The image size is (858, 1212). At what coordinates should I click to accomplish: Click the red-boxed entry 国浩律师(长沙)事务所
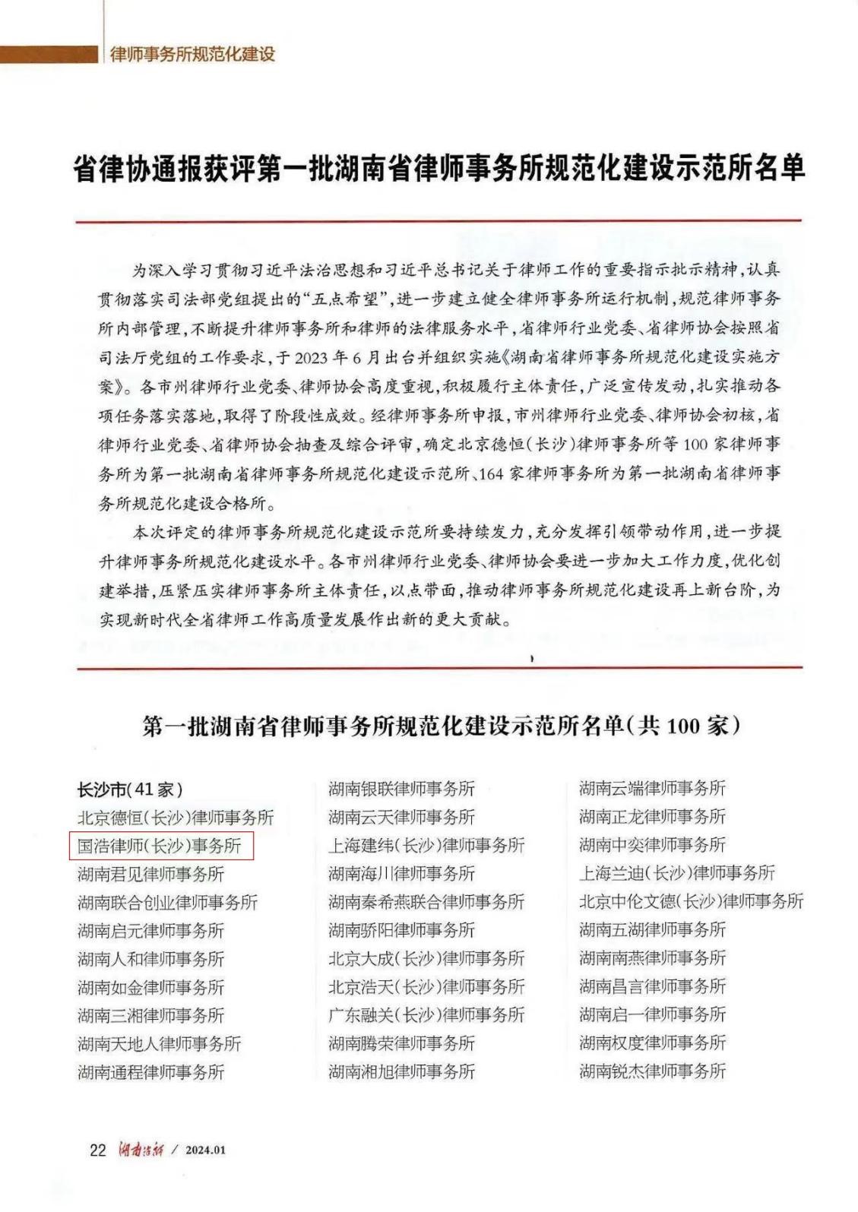160,845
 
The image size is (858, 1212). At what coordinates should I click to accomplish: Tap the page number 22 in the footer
98,1149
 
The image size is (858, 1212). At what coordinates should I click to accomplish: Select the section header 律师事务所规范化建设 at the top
192,55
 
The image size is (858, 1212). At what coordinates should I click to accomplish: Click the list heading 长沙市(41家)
130,789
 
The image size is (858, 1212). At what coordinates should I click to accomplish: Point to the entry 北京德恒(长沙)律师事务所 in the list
176,818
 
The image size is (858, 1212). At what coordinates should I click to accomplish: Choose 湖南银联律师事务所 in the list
401,789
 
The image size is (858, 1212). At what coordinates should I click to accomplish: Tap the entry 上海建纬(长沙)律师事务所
426,845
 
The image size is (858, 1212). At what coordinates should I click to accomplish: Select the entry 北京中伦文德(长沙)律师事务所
691,901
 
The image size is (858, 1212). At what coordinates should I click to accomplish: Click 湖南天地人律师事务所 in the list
159,1044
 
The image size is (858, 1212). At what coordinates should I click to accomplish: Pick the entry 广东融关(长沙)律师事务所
426,1015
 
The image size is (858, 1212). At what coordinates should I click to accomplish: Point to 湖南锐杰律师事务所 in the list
652,1071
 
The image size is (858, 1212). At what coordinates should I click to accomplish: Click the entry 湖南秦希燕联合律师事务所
426,902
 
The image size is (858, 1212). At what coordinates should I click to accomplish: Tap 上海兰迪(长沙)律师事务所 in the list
677,873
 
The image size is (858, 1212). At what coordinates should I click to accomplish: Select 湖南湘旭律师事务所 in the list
401,1072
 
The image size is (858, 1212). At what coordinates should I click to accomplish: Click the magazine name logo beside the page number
139,1149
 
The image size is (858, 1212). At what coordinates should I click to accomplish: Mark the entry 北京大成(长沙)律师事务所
426,958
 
